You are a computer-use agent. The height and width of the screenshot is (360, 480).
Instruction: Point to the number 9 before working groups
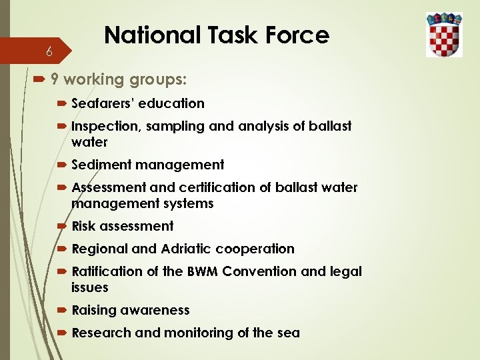click(55, 80)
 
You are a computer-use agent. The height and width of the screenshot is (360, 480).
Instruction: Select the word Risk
click(83, 226)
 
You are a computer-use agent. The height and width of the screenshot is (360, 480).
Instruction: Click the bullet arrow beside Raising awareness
click(62, 310)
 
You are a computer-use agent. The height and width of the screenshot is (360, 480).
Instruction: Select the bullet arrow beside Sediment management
click(62, 165)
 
